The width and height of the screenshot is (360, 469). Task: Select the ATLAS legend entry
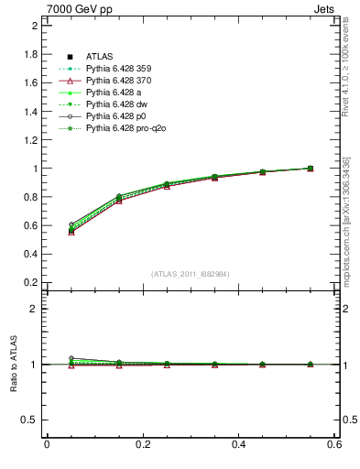click(100, 57)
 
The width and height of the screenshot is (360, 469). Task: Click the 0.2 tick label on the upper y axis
click(30, 282)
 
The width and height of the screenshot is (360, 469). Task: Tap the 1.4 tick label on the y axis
click(30, 111)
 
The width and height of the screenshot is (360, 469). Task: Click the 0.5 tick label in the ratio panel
click(30, 420)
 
